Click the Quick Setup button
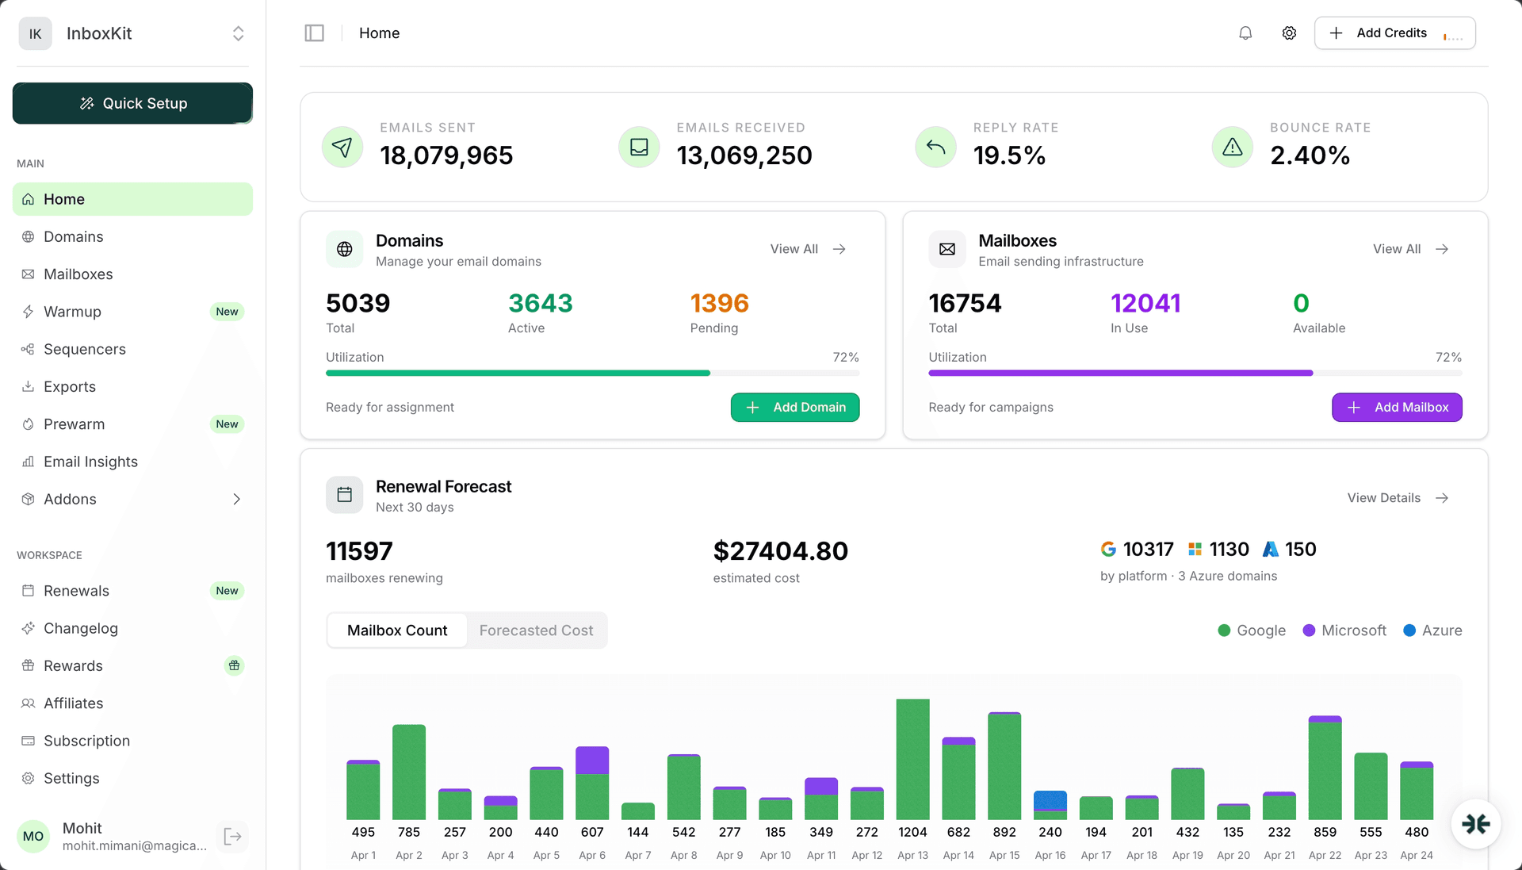132,103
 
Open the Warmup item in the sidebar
72,312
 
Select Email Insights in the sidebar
90,462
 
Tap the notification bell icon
1245,33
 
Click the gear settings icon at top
1289,33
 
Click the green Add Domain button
794,408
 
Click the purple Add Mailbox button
1397,408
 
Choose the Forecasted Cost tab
536,630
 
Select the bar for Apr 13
912,759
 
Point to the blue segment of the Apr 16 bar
1050,799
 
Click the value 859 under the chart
1325,832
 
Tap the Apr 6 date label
592,855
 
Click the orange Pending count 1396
719,304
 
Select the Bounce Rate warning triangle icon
1232,147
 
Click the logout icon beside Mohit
232,837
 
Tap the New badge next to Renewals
227,591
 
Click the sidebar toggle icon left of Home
315,33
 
